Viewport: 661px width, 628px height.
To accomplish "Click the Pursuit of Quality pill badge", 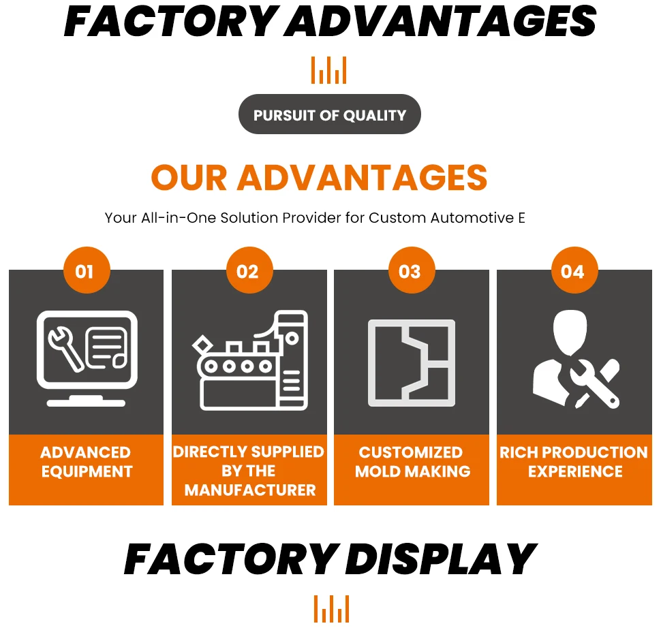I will click(x=329, y=114).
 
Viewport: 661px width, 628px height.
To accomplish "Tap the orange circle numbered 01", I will click(x=85, y=272).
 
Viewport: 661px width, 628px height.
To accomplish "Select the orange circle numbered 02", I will click(x=248, y=272).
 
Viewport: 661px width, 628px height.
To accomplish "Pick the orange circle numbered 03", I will click(x=410, y=272).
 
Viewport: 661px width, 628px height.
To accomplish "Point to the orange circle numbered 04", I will click(x=573, y=272).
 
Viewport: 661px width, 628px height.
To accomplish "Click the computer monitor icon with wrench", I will click(x=87, y=358).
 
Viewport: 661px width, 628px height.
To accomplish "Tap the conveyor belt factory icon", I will click(x=250, y=360).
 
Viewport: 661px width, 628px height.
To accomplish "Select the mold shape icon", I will click(x=412, y=362).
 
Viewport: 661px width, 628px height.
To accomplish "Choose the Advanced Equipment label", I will click(x=86, y=462).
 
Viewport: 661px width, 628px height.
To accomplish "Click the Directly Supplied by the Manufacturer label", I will click(x=249, y=471).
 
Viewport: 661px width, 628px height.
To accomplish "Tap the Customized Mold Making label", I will click(x=412, y=462).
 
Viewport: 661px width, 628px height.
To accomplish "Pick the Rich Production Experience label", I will click(x=574, y=462).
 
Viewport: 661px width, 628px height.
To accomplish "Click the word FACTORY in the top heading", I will click(x=170, y=21).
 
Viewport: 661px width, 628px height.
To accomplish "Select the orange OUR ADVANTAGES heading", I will click(x=319, y=178).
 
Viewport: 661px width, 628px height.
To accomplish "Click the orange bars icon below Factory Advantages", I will click(x=329, y=71).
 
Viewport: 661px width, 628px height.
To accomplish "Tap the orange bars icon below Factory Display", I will click(x=331, y=608).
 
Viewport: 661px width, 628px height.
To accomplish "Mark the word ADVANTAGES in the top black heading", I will click(x=441, y=21).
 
